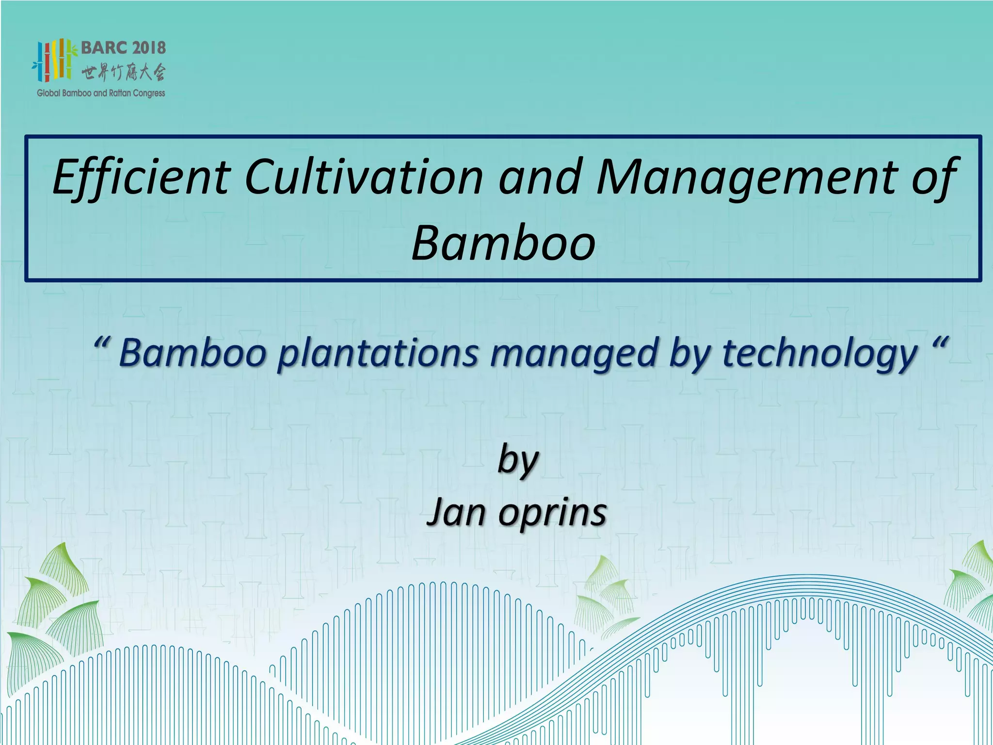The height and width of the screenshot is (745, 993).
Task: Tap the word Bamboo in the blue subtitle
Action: tap(193, 353)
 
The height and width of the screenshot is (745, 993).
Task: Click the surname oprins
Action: tap(552, 513)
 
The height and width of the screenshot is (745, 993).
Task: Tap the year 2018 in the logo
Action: tap(149, 48)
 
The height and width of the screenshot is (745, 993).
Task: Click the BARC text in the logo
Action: tap(104, 48)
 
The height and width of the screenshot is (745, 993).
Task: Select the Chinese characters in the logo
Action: tap(123, 73)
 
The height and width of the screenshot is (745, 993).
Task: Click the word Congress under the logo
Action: tap(149, 93)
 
